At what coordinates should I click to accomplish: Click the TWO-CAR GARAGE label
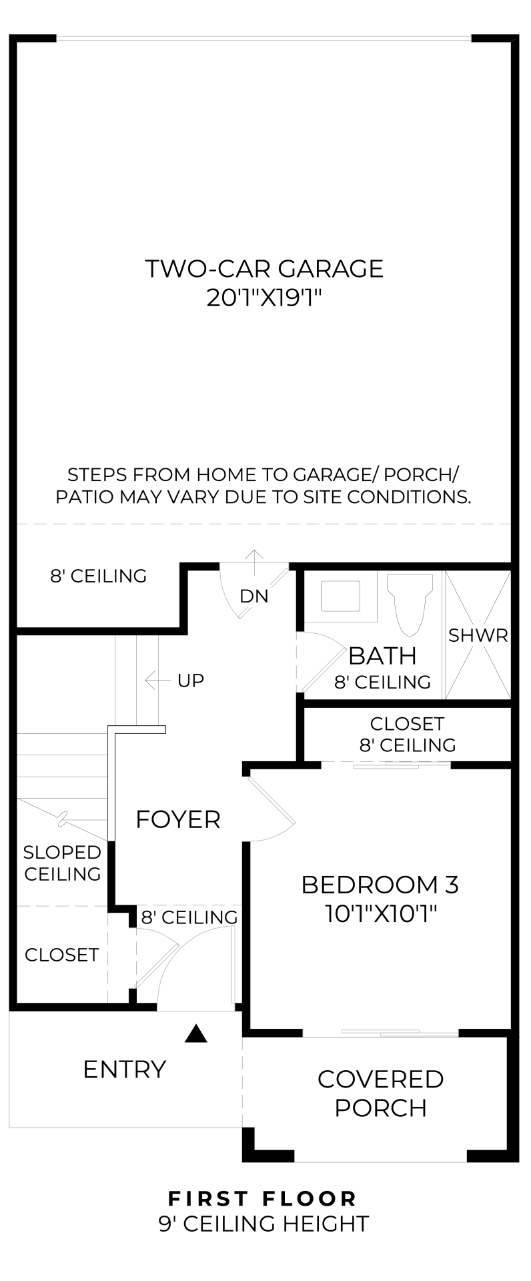coord(264,269)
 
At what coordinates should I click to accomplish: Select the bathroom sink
coord(340,596)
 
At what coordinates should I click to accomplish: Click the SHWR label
coord(478,636)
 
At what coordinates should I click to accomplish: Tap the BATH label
coord(382,657)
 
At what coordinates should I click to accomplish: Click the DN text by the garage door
coord(254,596)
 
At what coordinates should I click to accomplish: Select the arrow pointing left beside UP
coord(157,681)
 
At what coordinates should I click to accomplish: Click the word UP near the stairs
coord(191,681)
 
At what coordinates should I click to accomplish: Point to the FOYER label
coord(177,819)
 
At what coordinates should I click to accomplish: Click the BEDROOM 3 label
coord(380,885)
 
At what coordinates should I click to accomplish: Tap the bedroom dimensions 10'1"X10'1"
coord(380,913)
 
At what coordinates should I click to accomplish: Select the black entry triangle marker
coord(195,1034)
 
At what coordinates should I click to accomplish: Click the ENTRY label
coord(124,1070)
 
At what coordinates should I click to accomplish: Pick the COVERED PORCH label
coord(380,1094)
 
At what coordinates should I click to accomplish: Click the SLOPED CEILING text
coord(62,863)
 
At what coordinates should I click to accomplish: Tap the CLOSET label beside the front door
coord(61,955)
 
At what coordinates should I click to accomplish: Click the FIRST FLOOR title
coord(263,1199)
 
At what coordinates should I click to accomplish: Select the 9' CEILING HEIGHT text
coord(263,1224)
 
